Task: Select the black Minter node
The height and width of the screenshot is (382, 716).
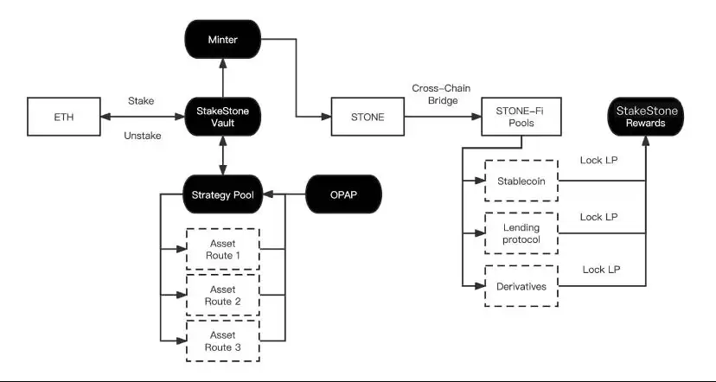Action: pos(223,40)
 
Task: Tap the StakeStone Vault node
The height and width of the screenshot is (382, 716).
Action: pos(223,117)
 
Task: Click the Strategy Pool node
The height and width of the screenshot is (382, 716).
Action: pos(223,194)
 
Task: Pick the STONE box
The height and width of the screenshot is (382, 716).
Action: pos(369,117)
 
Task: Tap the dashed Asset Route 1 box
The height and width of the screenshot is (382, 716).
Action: pos(223,250)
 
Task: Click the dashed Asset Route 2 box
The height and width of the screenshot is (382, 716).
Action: pos(223,295)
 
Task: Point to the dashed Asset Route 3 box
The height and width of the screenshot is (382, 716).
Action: pos(223,341)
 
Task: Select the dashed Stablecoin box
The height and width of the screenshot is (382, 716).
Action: pos(521,181)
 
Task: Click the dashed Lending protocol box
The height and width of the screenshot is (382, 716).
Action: pos(521,233)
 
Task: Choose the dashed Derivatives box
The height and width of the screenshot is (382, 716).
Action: pos(521,286)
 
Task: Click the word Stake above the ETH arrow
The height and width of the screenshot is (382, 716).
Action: pos(140,101)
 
